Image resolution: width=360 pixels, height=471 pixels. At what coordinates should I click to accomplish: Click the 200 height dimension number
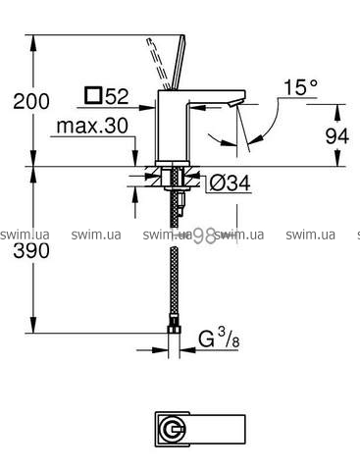coord(31,101)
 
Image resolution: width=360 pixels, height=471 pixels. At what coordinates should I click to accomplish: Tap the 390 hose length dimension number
coord(31,251)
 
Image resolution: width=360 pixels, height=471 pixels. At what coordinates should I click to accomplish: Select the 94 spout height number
coord(337,135)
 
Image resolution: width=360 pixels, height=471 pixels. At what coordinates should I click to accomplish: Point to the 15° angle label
coord(300,87)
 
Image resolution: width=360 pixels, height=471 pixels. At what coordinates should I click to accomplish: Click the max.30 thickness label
coord(92,126)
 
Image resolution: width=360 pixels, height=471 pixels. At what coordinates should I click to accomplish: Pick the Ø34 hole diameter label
coord(230,183)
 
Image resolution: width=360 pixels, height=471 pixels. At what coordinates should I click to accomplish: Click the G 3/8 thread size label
coord(219,339)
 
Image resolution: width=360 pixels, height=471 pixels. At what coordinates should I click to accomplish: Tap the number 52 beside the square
coord(117,96)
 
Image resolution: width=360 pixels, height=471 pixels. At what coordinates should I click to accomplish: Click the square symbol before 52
coord(93,95)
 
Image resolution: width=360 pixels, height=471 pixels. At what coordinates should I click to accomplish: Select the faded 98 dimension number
coord(204,236)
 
